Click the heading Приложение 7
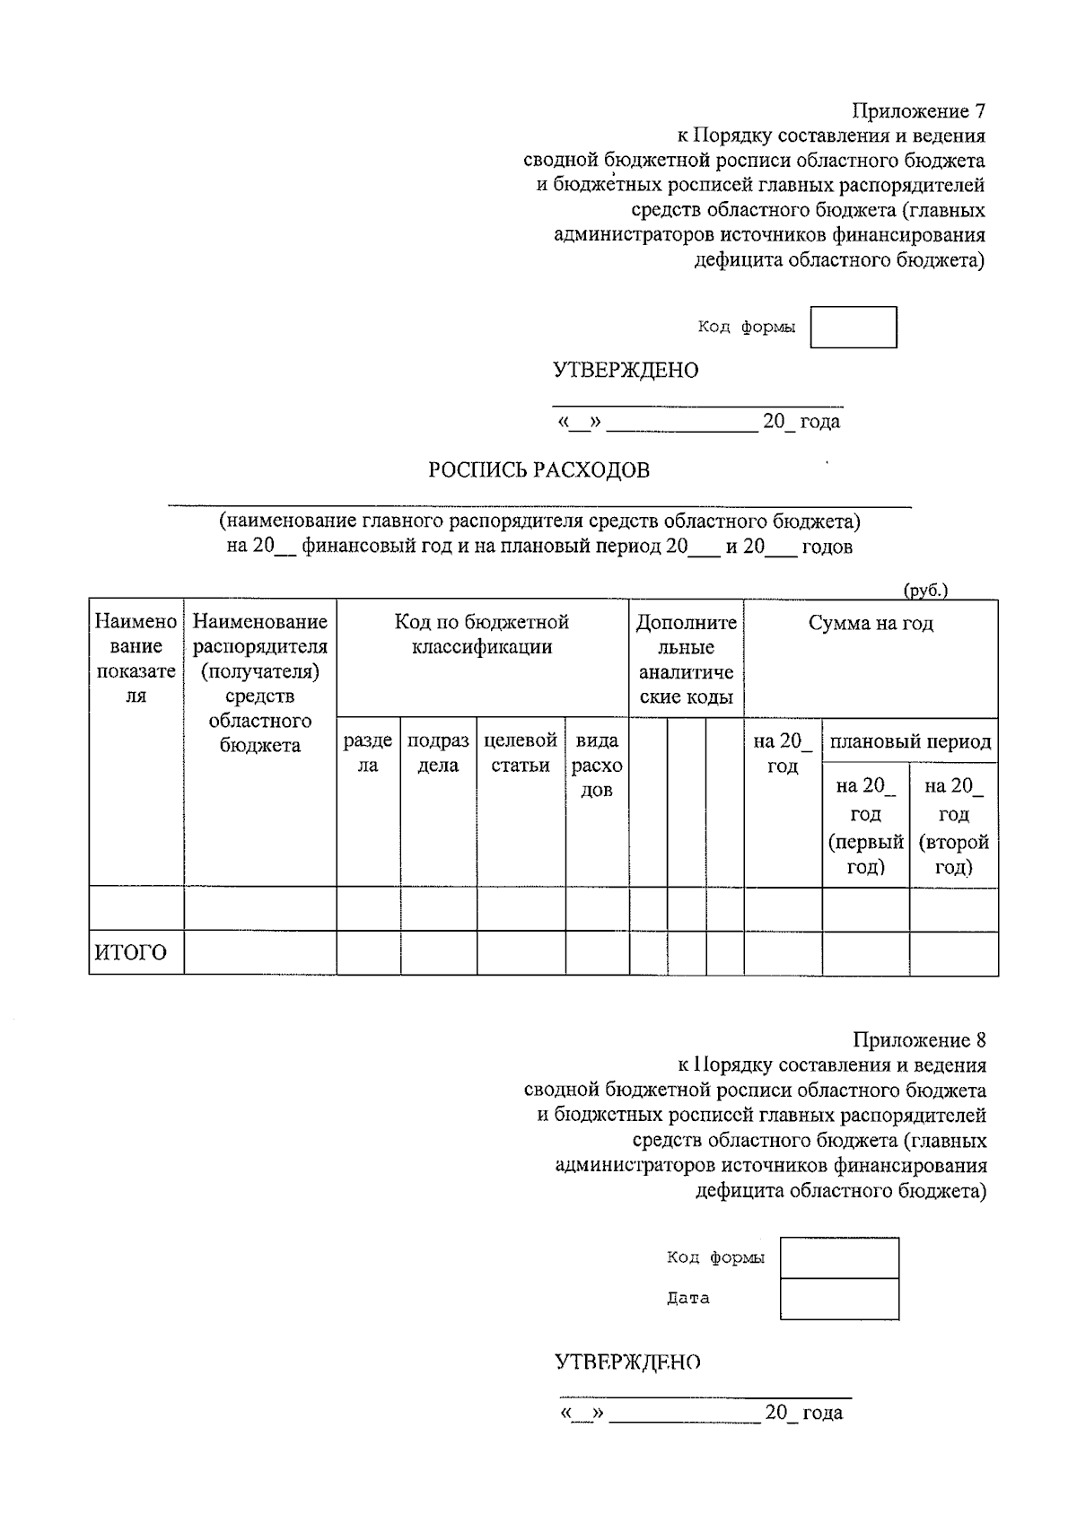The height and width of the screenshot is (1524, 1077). pyautogui.click(x=918, y=111)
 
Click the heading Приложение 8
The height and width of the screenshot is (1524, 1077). pyautogui.click(x=918, y=1040)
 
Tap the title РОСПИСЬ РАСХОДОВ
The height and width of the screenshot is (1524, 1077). pyautogui.click(x=538, y=470)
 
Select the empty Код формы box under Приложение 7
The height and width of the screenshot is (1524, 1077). pyautogui.click(x=853, y=328)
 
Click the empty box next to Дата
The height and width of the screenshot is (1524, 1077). pyautogui.click(x=839, y=1299)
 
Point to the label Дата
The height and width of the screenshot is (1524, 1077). pyautogui.click(x=687, y=1298)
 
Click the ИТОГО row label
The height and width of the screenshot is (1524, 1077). pyautogui.click(x=131, y=952)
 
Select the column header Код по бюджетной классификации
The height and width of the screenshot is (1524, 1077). pyautogui.click(x=482, y=635)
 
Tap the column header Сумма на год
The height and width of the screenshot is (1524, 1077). pyautogui.click(x=870, y=624)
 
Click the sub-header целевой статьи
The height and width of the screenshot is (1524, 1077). pyautogui.click(x=521, y=753)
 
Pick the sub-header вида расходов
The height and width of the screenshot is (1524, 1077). pyautogui.click(x=597, y=765)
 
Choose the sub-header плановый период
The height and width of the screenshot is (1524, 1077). pyautogui.click(x=909, y=741)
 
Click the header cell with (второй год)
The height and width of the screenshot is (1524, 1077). pyautogui.click(x=953, y=826)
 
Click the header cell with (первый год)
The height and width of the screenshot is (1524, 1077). pyautogui.click(x=865, y=826)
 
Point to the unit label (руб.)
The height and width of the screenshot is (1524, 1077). pyautogui.click(x=924, y=591)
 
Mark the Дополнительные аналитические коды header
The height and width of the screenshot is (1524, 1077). pyautogui.click(x=686, y=660)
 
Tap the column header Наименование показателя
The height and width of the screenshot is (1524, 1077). pyautogui.click(x=136, y=659)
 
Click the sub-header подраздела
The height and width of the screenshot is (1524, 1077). pyautogui.click(x=438, y=753)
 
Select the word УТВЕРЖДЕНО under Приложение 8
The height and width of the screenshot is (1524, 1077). pyautogui.click(x=627, y=1362)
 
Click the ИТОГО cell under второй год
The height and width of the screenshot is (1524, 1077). pyautogui.click(x=953, y=952)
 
